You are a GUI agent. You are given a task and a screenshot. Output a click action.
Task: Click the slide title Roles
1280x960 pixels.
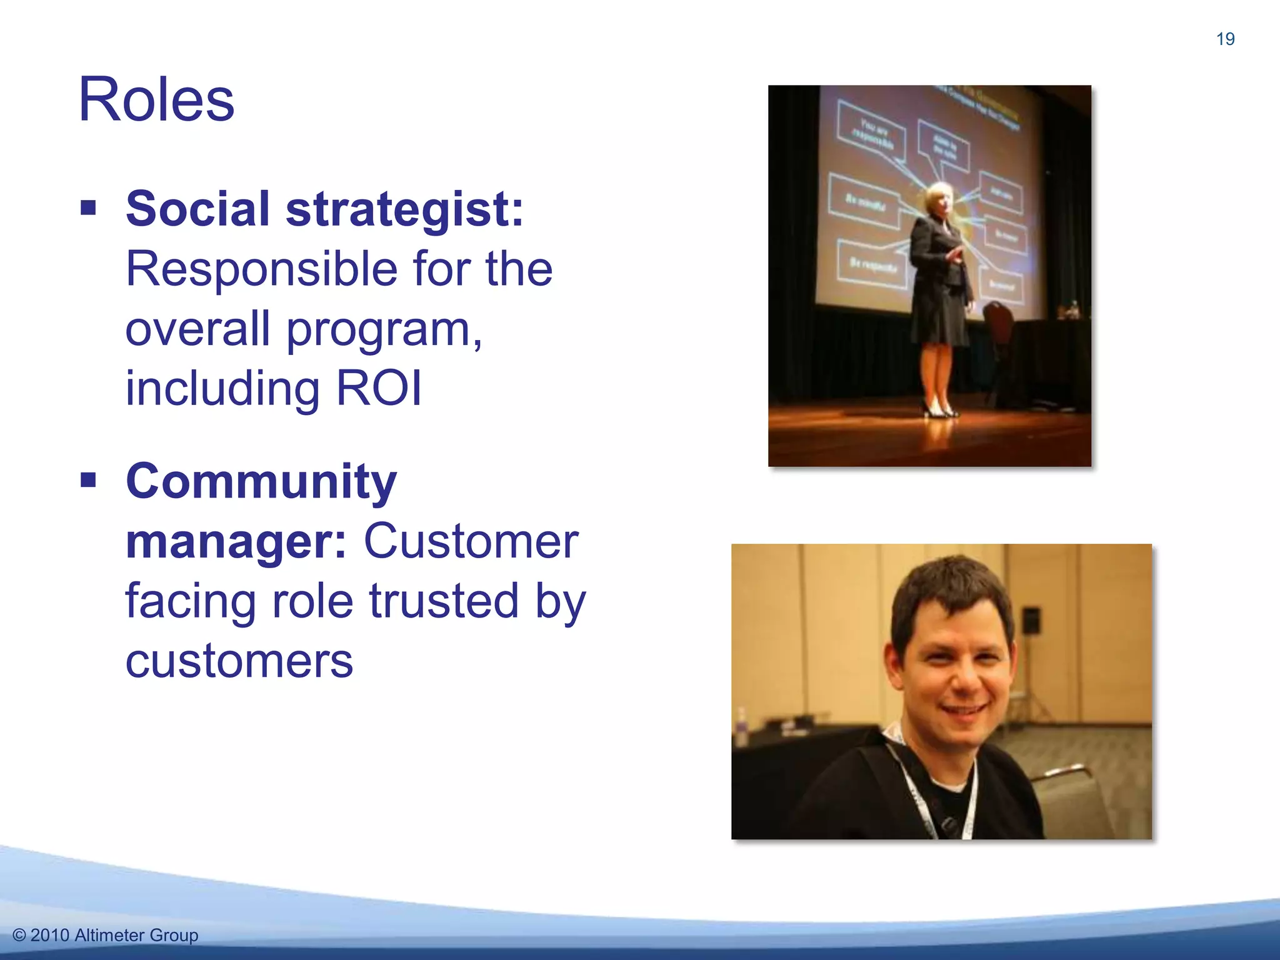[x=156, y=100]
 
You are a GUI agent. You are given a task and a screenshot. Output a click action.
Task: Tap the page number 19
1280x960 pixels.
[x=1225, y=39]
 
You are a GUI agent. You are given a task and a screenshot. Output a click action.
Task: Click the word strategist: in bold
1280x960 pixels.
[x=404, y=209]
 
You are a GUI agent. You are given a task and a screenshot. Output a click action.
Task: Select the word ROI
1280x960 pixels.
[x=379, y=389]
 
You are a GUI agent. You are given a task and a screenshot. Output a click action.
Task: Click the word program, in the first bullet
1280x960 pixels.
[x=384, y=329]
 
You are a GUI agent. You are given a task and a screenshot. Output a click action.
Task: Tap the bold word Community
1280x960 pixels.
[x=261, y=482]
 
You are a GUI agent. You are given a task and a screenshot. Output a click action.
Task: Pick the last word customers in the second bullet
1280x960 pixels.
[x=239, y=661]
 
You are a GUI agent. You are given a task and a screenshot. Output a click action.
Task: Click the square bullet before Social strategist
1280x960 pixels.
[x=89, y=207]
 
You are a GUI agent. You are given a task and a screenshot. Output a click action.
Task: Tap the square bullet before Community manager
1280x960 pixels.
[x=89, y=480]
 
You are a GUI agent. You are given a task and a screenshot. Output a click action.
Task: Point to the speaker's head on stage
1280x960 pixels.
[x=937, y=199]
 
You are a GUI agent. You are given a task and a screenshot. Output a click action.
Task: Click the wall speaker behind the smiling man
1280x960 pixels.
[x=1032, y=619]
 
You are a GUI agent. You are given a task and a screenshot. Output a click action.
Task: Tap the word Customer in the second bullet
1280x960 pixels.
[x=471, y=542]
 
